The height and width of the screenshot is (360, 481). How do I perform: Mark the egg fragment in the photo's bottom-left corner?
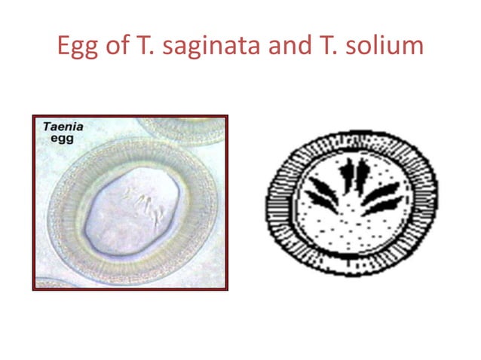(x=47, y=283)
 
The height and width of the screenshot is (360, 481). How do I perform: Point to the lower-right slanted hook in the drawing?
(x=382, y=206)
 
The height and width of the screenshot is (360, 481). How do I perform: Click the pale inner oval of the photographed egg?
(x=128, y=226)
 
